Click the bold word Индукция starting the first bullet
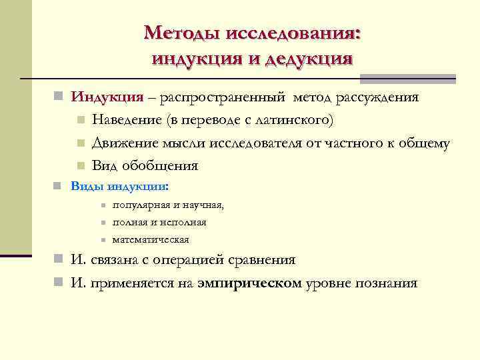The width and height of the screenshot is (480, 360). tap(107, 97)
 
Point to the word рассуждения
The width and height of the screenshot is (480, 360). tap(378, 97)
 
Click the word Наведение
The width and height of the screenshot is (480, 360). tap(127, 121)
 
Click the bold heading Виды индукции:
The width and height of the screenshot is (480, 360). tap(120, 186)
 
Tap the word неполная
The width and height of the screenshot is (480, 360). tap(184, 223)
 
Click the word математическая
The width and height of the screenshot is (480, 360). tap(151, 239)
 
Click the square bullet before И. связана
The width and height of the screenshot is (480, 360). tap(59, 260)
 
